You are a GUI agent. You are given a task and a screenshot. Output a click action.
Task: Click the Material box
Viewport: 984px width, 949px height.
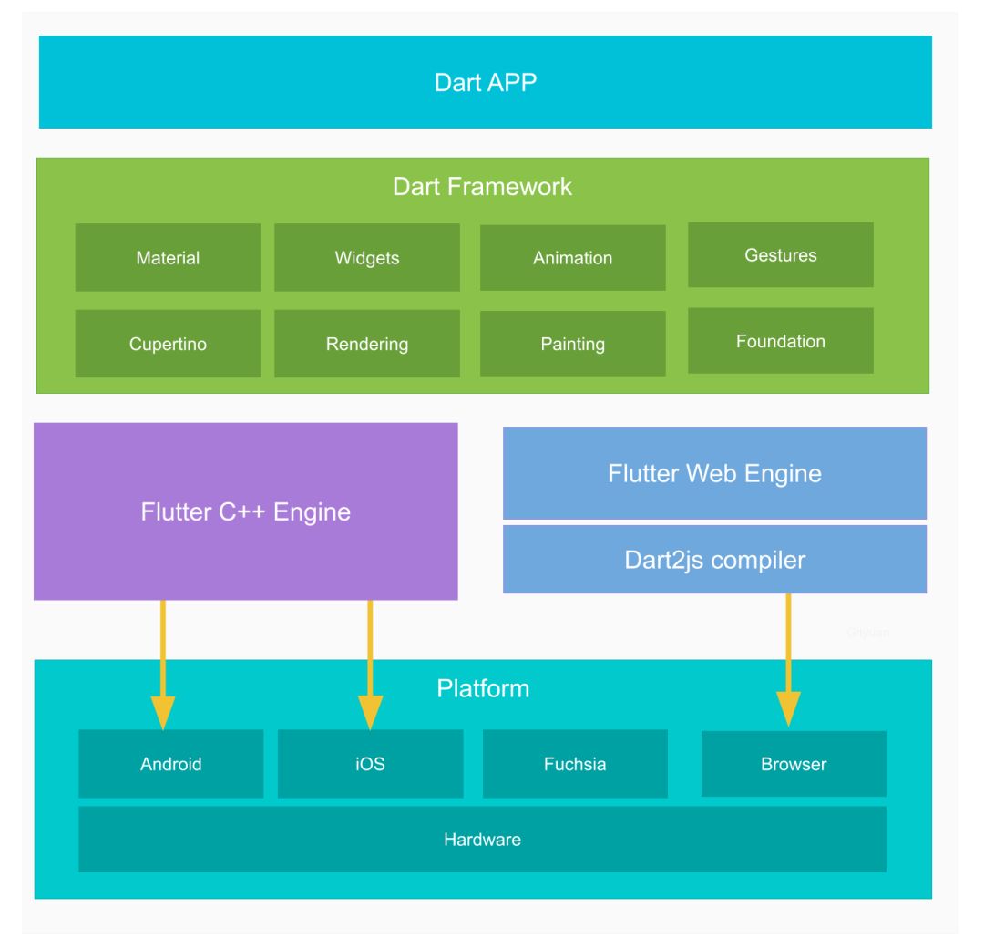point(168,258)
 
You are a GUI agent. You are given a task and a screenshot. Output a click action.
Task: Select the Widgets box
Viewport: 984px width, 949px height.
point(366,258)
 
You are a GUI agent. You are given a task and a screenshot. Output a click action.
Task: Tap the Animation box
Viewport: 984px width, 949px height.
point(572,258)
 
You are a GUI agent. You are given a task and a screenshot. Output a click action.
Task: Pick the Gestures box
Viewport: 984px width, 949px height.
point(780,255)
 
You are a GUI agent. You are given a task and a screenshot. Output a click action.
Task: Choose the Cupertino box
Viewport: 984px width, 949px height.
point(168,344)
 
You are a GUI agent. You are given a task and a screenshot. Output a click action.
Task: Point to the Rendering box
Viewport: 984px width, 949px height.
point(366,344)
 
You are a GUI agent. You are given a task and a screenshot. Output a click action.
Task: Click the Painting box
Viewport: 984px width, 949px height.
point(572,344)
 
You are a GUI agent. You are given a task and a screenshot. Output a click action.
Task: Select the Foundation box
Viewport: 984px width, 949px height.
point(780,341)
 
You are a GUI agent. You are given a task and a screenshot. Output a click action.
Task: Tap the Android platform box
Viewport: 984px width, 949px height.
point(170,764)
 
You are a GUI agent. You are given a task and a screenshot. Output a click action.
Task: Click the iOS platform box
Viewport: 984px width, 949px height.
point(370,764)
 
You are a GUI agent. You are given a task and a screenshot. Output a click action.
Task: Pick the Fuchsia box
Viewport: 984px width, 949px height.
point(574,764)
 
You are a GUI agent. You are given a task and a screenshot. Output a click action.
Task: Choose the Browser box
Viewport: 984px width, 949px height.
point(793,764)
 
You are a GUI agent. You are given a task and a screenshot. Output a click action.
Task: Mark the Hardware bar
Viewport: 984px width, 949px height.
point(482,839)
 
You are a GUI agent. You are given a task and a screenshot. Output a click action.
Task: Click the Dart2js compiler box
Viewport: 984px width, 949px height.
point(714,559)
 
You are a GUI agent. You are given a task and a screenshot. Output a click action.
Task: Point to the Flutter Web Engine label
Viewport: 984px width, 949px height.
point(714,474)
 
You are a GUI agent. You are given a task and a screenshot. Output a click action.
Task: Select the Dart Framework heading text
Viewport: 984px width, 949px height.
point(482,187)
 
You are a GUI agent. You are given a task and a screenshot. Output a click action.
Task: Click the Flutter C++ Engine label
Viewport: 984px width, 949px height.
point(245,511)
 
